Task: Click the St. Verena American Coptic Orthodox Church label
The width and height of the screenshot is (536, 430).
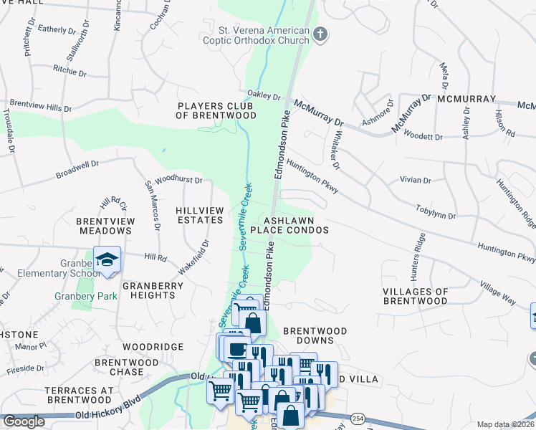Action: tap(264, 37)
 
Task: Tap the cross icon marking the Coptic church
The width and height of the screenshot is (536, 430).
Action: tap(320, 33)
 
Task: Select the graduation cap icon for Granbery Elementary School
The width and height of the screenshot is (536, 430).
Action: tap(107, 259)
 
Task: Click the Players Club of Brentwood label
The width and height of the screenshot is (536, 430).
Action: tap(217, 110)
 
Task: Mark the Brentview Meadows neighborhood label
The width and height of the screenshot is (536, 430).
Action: tap(106, 227)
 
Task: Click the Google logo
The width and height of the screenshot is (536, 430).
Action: tap(23, 421)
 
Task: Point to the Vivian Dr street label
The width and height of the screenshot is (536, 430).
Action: tap(416, 181)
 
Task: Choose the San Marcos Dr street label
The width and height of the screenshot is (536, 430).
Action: tap(153, 205)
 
